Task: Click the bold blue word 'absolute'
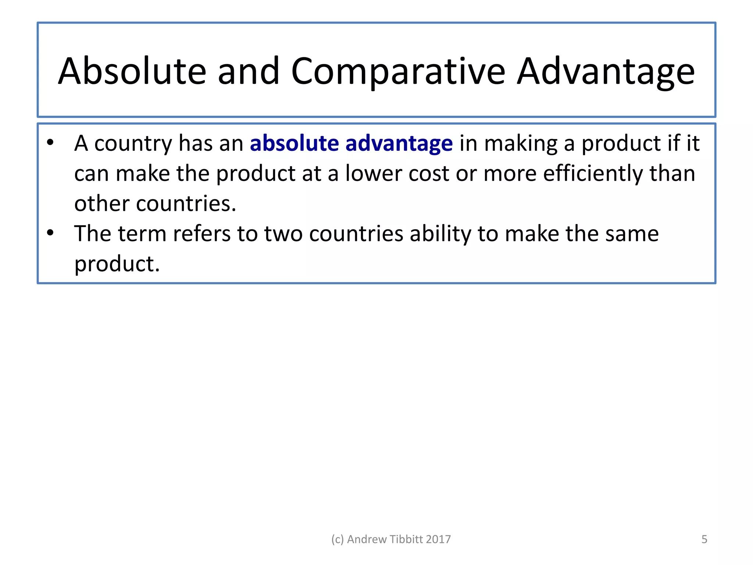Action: pos(294,143)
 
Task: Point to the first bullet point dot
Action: pos(50,142)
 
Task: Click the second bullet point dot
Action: pos(50,233)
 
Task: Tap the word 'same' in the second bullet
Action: pos(632,234)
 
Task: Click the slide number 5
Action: pos(704,539)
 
